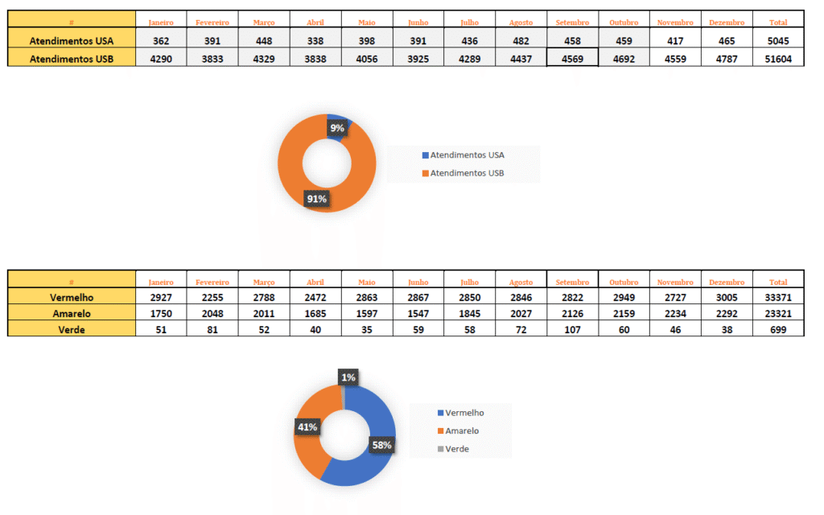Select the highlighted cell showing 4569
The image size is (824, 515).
tap(572, 58)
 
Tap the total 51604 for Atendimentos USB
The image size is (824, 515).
tap(778, 58)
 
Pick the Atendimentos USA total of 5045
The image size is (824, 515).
tap(778, 40)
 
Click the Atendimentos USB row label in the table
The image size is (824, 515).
tap(72, 58)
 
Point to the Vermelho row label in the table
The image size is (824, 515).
tap(72, 298)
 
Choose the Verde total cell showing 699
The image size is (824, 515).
tap(778, 328)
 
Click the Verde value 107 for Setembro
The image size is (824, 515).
tap(572, 328)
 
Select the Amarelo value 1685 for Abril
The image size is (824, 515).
tap(315, 313)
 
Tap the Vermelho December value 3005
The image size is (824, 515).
tap(726, 298)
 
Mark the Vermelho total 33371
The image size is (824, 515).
tap(778, 298)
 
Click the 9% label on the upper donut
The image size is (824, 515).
tap(337, 127)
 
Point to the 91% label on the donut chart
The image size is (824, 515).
tap(316, 199)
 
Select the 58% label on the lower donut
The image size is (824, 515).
tap(381, 444)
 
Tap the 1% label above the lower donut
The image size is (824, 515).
tap(348, 377)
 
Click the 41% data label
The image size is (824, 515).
tap(307, 426)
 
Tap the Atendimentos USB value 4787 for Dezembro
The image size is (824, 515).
tap(726, 58)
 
